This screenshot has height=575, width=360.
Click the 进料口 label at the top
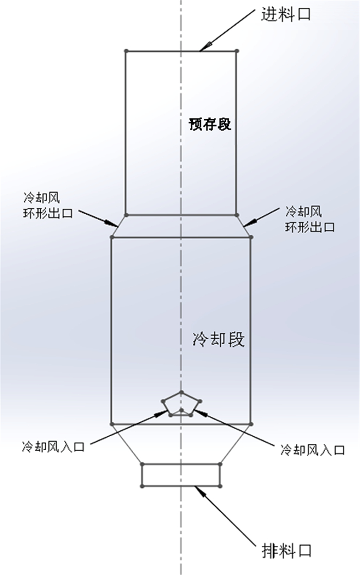[286, 14]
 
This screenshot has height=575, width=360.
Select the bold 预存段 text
[209, 124]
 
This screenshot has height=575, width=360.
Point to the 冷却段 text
[218, 339]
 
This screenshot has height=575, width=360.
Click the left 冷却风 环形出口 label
[47, 205]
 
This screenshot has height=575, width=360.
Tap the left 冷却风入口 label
[52, 447]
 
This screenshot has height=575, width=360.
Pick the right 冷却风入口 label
[312, 450]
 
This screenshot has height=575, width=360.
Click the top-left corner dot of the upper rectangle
[126, 50]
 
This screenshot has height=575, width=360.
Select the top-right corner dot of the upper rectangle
[237, 50]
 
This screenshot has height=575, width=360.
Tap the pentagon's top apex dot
[182, 392]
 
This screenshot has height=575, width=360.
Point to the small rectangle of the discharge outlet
[181, 474]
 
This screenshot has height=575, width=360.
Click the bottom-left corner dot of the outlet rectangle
[142, 485]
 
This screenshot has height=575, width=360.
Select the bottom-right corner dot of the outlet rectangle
[220, 485]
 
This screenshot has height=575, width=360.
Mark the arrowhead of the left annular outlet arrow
[115, 224]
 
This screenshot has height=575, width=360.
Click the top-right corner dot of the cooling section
[251, 237]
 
